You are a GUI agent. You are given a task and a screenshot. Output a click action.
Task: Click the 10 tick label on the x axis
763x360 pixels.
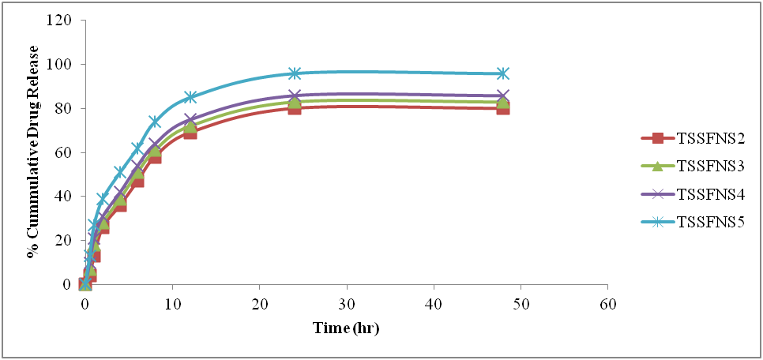coord(172,304)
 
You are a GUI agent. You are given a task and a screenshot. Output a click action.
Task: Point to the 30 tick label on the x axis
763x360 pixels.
coord(346,304)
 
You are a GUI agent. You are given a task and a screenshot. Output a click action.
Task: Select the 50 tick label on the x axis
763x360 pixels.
coord(521,304)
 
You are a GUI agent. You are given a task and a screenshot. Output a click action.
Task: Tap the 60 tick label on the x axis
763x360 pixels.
coord(607,304)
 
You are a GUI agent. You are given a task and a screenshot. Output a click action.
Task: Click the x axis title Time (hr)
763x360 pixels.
coord(346,326)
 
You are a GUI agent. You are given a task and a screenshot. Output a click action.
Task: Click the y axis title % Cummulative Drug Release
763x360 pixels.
coord(33,152)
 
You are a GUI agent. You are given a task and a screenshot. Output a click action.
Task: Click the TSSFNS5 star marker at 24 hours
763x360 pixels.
coord(294,73)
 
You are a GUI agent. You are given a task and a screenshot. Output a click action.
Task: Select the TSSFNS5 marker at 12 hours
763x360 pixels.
coord(190,97)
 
